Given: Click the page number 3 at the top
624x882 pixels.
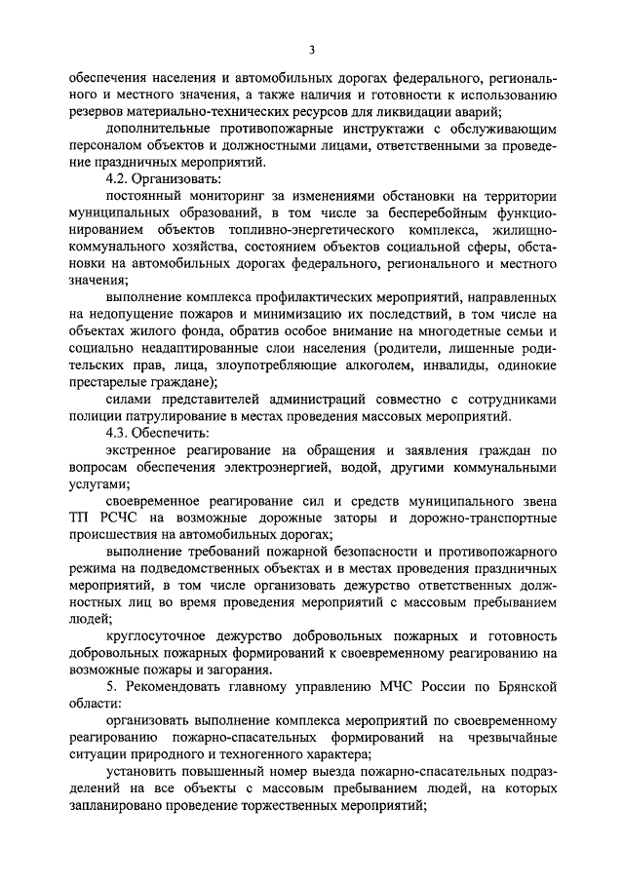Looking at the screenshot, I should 311,51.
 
